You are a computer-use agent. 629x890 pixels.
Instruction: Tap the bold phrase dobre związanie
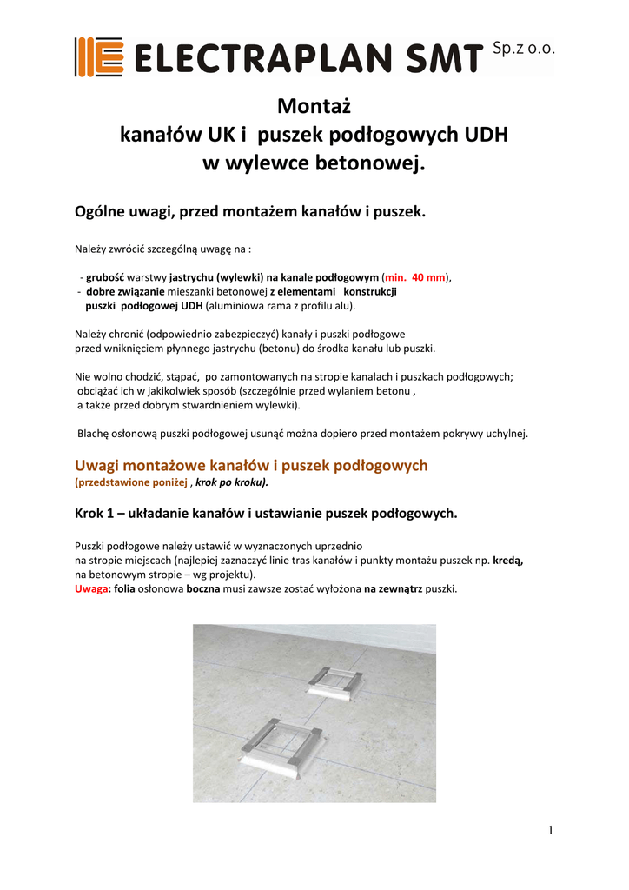click(121, 291)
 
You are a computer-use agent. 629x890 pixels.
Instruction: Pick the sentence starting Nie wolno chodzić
click(295, 376)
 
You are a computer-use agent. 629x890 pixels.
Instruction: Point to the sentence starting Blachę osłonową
click(302, 433)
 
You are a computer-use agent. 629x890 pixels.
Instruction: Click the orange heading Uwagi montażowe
click(252, 466)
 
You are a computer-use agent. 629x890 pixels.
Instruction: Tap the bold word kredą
click(509, 561)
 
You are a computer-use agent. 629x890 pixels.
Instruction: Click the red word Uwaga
click(92, 588)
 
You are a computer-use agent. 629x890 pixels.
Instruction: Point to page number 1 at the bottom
click(551, 830)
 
